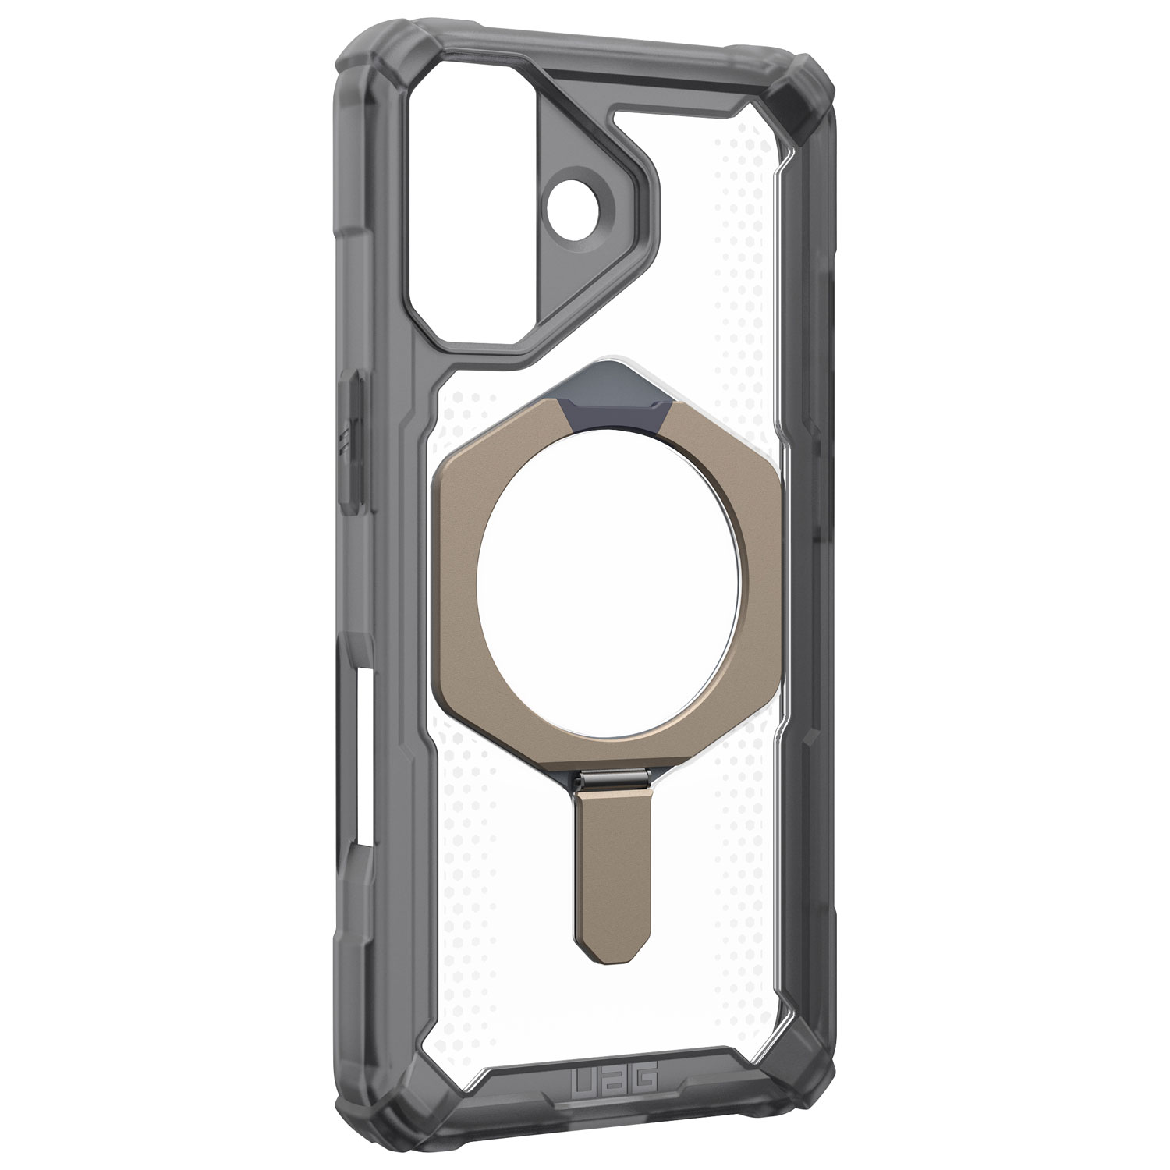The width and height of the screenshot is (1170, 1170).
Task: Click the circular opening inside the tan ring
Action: [595, 593]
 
